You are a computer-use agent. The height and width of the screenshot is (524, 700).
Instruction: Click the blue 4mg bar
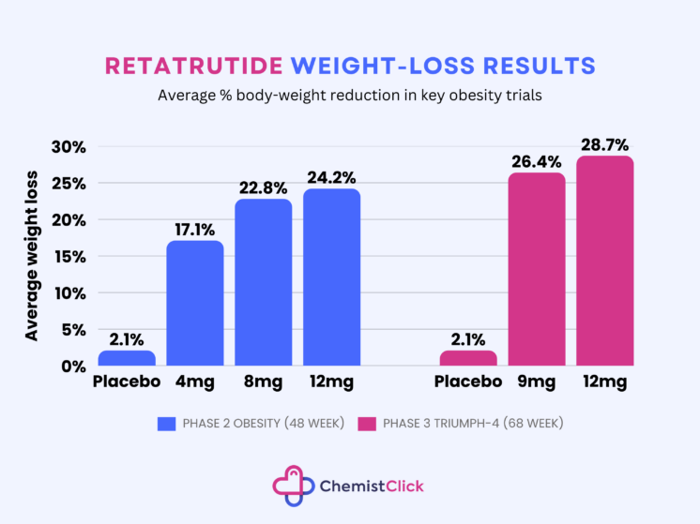pos(195,303)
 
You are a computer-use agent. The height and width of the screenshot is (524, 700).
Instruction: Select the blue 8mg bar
pos(264,282)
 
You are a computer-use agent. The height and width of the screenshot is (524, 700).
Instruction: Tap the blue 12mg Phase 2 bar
pos(331,277)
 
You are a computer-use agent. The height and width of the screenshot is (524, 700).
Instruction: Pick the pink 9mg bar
pos(537,269)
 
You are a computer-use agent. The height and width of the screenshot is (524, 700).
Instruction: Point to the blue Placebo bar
pos(127,358)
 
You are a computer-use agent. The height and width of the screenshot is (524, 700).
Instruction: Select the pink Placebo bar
pos(468,358)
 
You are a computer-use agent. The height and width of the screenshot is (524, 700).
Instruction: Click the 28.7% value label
pos(605,145)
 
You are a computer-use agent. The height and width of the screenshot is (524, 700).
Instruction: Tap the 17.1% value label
pos(195,230)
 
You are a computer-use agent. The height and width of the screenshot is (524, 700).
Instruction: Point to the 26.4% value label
pos(537,162)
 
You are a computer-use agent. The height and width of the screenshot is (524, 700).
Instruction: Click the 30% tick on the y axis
pos(68,147)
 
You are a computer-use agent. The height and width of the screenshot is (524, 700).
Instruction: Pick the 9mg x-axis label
pos(537,382)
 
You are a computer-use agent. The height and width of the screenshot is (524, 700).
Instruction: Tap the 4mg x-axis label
pos(195,382)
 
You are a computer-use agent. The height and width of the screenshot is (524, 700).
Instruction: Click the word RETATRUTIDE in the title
pos(193,66)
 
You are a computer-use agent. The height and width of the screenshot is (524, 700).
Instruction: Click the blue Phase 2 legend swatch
pos(167,424)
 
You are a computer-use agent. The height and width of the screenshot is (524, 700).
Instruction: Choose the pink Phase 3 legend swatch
pos(366,424)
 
